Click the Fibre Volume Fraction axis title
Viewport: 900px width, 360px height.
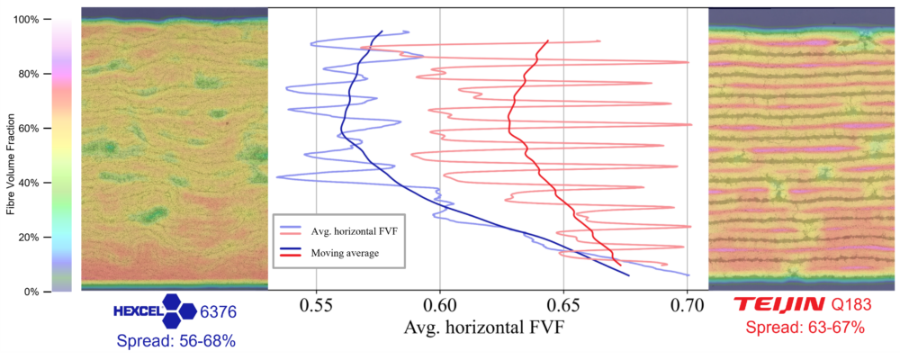pyautogui.click(x=11, y=164)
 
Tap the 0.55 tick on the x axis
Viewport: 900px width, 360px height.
pyautogui.click(x=317, y=305)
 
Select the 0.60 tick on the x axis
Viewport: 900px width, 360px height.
pyautogui.click(x=439, y=305)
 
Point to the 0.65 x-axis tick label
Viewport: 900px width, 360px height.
pyautogui.click(x=563, y=305)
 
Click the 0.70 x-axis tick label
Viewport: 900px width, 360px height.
pyautogui.click(x=687, y=305)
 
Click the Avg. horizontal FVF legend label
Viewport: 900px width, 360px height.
pyautogui.click(x=354, y=232)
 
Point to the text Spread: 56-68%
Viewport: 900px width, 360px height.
pyautogui.click(x=176, y=341)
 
